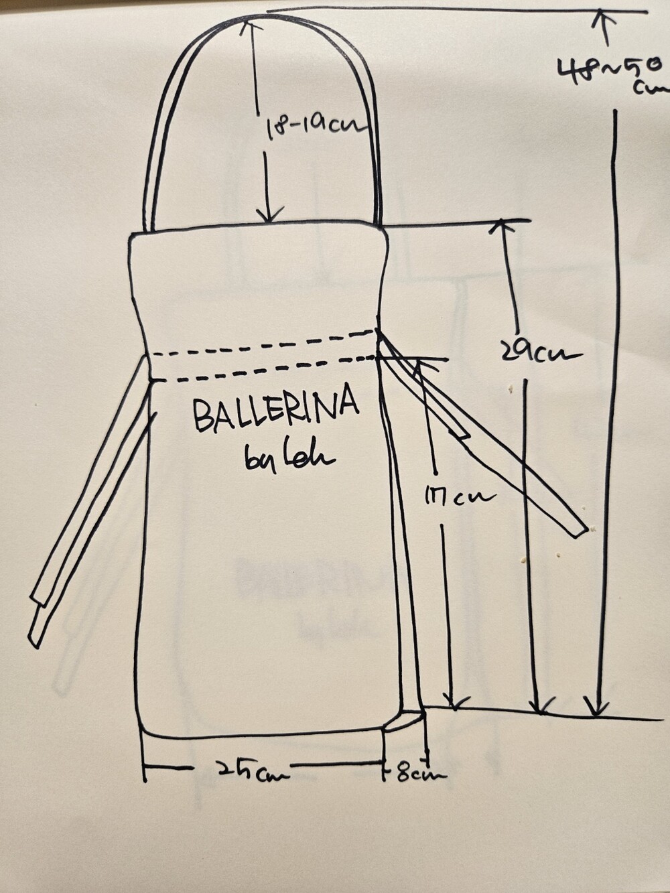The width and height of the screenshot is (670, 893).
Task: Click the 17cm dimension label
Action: [x=458, y=497]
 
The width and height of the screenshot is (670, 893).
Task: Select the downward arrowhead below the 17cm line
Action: [x=456, y=703]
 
